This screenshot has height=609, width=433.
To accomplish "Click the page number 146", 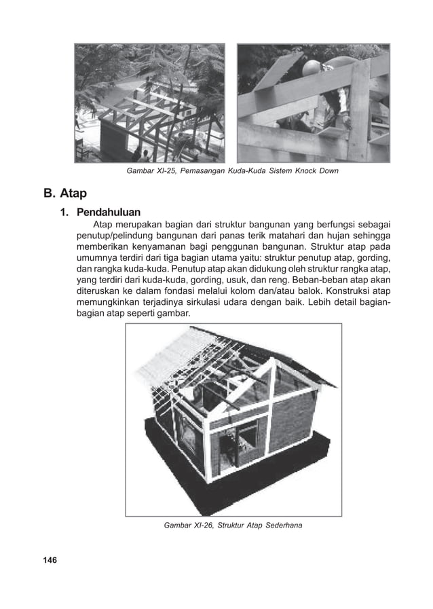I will [x=48, y=560].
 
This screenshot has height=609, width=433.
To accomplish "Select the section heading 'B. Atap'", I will [x=67, y=195].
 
